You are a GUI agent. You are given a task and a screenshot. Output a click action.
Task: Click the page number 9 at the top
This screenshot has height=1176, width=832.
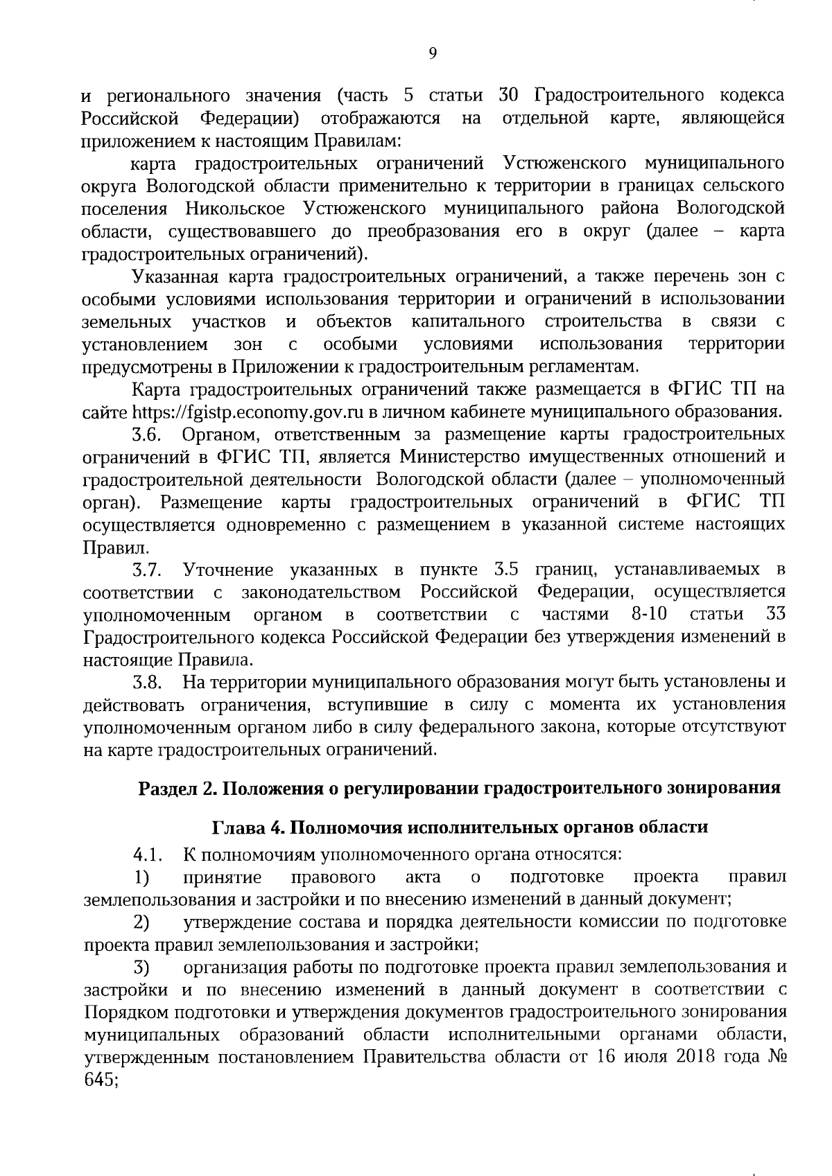[433, 53]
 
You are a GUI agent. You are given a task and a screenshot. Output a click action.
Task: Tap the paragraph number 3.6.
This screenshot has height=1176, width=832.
[148, 435]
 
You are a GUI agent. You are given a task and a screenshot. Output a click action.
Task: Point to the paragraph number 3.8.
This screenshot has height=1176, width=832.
[148, 682]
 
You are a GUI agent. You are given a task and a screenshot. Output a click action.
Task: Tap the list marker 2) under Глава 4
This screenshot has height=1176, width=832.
[142, 922]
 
